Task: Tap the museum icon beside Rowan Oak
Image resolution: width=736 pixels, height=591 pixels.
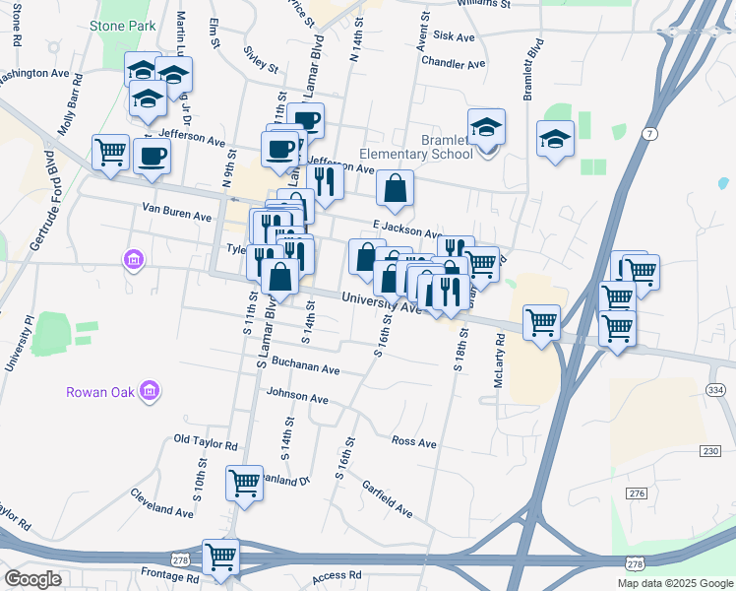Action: (x=149, y=392)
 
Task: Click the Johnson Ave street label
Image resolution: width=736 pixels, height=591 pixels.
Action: (x=297, y=398)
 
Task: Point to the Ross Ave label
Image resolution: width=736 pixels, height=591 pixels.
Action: (x=413, y=442)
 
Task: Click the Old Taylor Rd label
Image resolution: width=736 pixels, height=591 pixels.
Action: (x=206, y=445)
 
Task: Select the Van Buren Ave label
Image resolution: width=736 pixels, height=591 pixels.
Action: (x=177, y=212)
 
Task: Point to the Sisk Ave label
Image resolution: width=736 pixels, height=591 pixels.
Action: (x=454, y=36)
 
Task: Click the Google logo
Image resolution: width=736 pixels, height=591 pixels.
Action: (x=33, y=578)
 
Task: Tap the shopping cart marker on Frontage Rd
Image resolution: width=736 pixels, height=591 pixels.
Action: (x=220, y=557)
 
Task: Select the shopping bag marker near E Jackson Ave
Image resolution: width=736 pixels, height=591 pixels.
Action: (x=394, y=188)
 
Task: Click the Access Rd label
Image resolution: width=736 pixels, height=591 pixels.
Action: (x=337, y=575)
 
